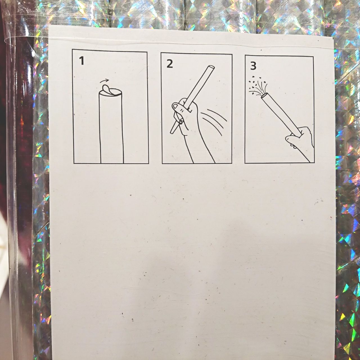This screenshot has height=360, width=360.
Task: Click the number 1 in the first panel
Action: click(82, 61)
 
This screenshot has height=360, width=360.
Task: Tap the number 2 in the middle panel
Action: click(170, 64)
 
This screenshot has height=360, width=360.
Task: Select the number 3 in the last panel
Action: click(253, 66)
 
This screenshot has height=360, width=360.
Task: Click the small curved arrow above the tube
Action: click(104, 81)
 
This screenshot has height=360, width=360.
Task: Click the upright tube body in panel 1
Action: click(111, 127)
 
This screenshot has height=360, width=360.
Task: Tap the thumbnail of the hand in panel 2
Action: click(175, 107)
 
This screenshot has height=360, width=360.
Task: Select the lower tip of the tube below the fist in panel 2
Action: click(172, 132)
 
